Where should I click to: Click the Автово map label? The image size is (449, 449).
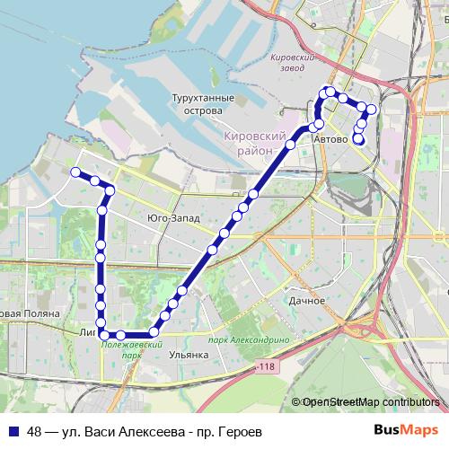pyautogui.click(x=330, y=140)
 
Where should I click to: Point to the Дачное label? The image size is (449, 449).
pyautogui.click(x=307, y=300)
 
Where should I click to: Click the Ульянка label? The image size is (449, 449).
pyautogui.click(x=189, y=355)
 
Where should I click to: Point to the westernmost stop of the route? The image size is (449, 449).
pyautogui.click(x=75, y=172)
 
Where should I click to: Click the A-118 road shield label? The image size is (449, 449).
pyautogui.click(x=264, y=367)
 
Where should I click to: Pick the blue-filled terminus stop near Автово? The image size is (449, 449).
pyautogui.click(x=358, y=138)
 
